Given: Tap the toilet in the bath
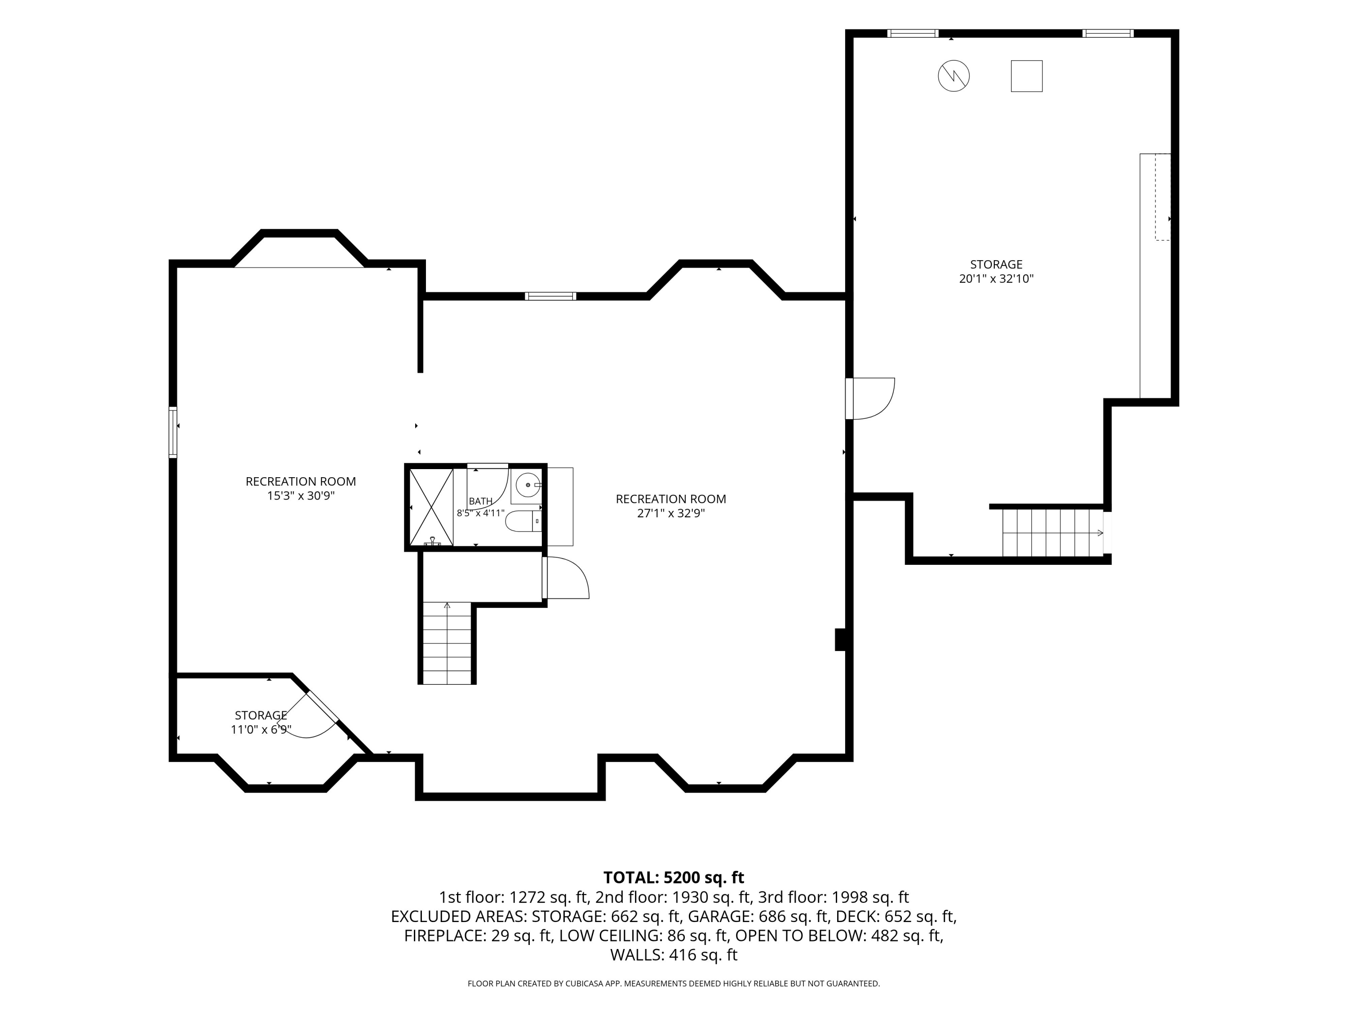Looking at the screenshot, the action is [523, 522].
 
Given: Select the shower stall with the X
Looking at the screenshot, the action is [431, 506].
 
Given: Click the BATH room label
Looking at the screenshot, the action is [481, 501].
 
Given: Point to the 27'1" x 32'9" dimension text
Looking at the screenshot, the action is [671, 513].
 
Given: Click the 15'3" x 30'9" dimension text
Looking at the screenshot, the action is [301, 496].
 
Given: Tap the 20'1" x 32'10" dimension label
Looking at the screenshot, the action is [996, 279].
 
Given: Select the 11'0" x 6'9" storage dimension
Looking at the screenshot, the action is [261, 729].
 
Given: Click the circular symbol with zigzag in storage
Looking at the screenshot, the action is [953, 76].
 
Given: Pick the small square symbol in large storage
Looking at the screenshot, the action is [1027, 76].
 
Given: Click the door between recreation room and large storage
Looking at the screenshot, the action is [870, 399].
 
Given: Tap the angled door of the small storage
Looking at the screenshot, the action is [309, 714].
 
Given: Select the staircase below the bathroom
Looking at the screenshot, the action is [447, 643].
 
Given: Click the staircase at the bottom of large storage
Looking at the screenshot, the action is [1054, 532].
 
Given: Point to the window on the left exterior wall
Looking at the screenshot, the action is [173, 432].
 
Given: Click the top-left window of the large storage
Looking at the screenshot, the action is [912, 34].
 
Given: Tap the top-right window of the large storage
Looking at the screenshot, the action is [1108, 34].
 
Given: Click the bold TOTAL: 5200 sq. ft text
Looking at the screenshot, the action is [674, 878].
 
